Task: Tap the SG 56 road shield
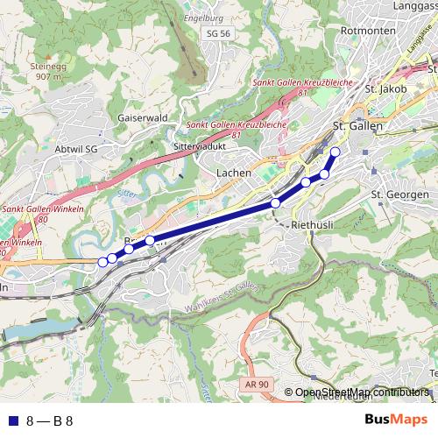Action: (218, 33)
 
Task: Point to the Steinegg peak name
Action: (48, 65)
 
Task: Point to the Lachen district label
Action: (234, 173)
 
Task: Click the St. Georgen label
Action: (399, 194)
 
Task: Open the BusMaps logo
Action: (396, 420)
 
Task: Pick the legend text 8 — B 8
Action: (49, 420)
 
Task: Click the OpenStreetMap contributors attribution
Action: (362, 392)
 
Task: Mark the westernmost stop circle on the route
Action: (102, 261)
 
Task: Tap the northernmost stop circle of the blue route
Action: (335, 152)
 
